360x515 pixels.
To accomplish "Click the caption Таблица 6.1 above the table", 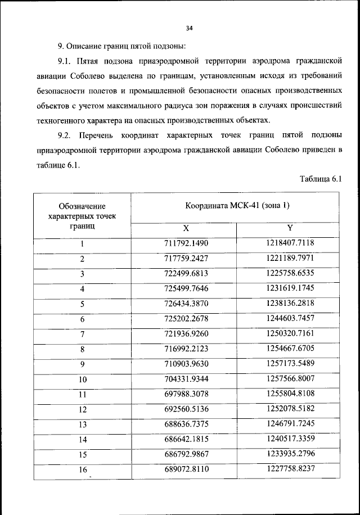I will pyautogui.click(x=321, y=179).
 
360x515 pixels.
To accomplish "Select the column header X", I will pyautogui.click(x=184, y=229).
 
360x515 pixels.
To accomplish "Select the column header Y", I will pyautogui.click(x=290, y=229).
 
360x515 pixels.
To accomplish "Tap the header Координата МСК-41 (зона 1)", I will pyautogui.click(x=237, y=206).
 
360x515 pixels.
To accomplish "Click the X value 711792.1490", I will pyautogui.click(x=184, y=243).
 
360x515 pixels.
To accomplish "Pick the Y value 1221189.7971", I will pyautogui.click(x=290, y=259).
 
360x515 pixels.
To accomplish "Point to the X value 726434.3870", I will pyautogui.click(x=184, y=304).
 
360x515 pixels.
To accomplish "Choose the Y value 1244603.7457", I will pyautogui.click(x=290, y=319).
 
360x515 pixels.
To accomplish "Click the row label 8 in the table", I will pyautogui.click(x=82, y=350).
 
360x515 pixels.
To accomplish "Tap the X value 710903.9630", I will pyautogui.click(x=184, y=364).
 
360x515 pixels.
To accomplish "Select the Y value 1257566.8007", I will pyautogui.click(x=290, y=380).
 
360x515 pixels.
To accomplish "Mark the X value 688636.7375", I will pyautogui.click(x=184, y=425).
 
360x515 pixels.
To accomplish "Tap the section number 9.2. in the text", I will pyautogui.click(x=66, y=135).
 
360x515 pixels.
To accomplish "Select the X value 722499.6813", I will pyautogui.click(x=184, y=274).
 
